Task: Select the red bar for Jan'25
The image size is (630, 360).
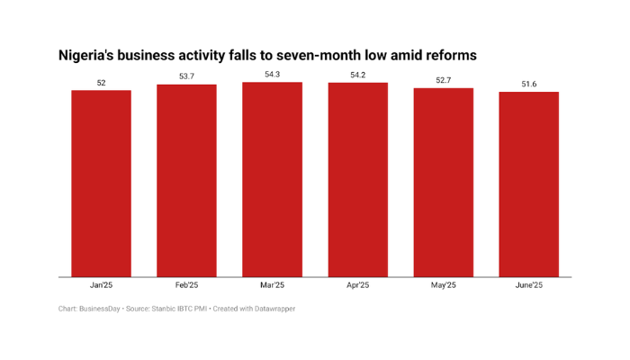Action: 102,184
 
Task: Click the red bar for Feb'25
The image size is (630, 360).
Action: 186,181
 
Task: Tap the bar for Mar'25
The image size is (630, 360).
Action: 272,180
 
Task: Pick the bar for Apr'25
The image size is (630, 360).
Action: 357,180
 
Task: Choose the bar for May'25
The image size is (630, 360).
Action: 443,183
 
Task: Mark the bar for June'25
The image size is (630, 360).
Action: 528,184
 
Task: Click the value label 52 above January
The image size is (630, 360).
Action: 102,83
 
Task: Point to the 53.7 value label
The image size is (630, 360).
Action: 186,76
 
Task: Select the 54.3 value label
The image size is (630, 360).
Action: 272,75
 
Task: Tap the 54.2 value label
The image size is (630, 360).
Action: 357,75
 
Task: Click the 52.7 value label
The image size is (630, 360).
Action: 443,80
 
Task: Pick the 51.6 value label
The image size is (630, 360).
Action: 528,85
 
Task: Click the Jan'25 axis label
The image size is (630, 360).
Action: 102,285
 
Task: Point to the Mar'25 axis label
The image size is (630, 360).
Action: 272,285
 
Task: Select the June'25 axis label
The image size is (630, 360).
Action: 528,285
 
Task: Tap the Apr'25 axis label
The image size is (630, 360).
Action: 357,285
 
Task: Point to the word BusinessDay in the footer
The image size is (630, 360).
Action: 101,309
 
